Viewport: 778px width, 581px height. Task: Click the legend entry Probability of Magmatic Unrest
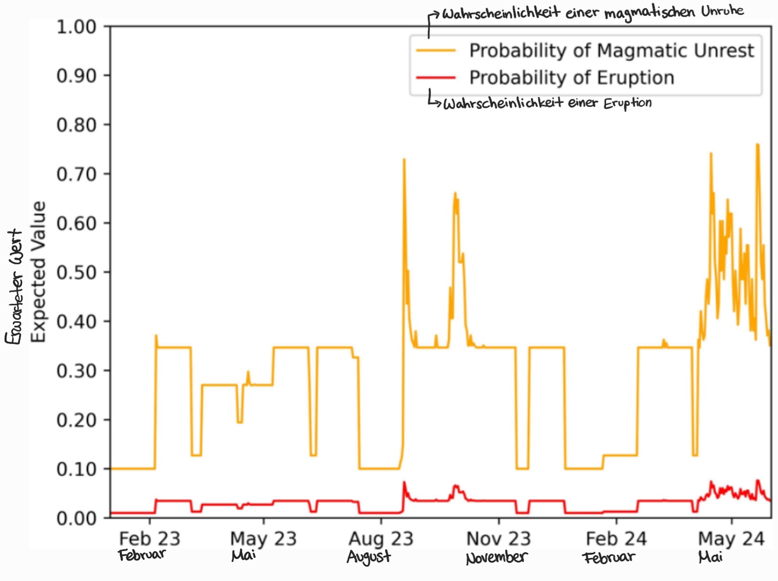(x=611, y=50)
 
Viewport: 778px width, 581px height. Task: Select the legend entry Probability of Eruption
(x=571, y=78)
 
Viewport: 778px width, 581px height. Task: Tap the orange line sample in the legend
(x=436, y=50)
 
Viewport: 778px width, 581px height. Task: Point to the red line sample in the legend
(x=436, y=78)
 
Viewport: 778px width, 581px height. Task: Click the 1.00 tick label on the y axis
(x=76, y=26)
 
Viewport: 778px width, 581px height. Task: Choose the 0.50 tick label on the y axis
(x=76, y=272)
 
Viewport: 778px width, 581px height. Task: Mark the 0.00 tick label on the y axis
(x=76, y=518)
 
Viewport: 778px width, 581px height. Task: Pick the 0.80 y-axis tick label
(x=76, y=124)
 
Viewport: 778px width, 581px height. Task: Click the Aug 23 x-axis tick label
(x=381, y=539)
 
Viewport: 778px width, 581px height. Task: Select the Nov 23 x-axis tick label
(x=498, y=539)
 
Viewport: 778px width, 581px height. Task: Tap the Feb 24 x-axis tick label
(x=616, y=539)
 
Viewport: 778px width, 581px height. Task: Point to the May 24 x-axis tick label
(x=731, y=539)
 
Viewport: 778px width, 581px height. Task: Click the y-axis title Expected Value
(x=38, y=272)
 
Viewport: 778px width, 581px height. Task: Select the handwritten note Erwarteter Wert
(x=14, y=287)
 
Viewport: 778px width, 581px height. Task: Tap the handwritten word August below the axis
(x=369, y=557)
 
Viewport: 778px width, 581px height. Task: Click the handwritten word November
(x=496, y=558)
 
